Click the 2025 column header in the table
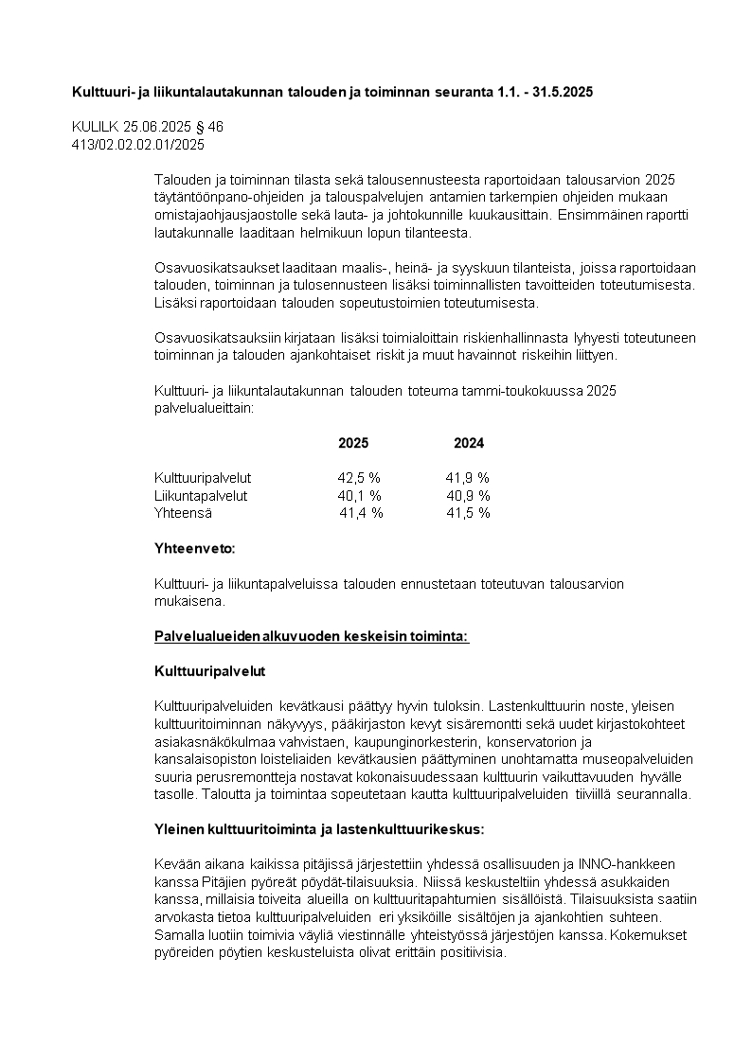[353, 443]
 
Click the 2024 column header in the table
[469, 443]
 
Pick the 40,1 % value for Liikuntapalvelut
[359, 495]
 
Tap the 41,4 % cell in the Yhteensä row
[361, 513]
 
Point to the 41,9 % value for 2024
[467, 478]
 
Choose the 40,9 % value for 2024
[468, 495]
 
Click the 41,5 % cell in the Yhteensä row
[468, 513]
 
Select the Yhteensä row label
[183, 513]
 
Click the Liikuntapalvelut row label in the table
[201, 495]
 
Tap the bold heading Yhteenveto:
[195, 548]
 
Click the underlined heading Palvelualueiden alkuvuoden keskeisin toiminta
[312, 636]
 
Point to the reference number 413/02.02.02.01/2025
[138, 145]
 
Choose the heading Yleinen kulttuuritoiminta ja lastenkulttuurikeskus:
[319, 829]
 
